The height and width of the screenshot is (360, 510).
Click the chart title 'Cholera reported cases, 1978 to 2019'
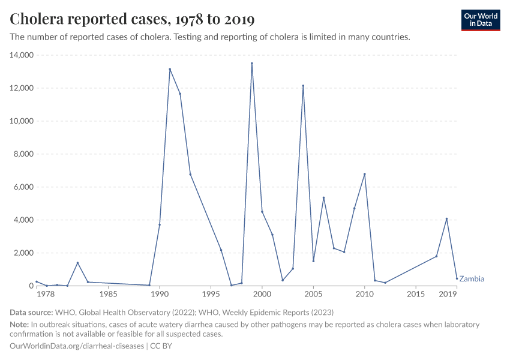[x=133, y=19]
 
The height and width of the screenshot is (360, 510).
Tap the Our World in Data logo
[x=480, y=20]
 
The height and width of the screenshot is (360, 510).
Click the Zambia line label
[x=472, y=279]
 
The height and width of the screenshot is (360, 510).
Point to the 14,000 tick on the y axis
[x=21, y=55]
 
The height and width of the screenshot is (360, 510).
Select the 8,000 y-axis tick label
[x=23, y=154]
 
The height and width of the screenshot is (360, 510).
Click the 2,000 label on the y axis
[x=23, y=253]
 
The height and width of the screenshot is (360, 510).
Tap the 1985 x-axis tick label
[x=108, y=295]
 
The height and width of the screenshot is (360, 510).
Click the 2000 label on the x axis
[x=262, y=295]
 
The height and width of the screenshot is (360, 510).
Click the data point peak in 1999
[x=251, y=63]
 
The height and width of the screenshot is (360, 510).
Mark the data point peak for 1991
[x=170, y=69]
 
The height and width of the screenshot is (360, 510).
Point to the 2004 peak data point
[x=303, y=86]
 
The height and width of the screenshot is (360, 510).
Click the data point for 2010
[x=364, y=174]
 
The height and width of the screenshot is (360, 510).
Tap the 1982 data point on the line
[x=77, y=263]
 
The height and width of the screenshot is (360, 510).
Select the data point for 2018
[x=446, y=218]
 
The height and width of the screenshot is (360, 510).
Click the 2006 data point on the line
[x=323, y=197]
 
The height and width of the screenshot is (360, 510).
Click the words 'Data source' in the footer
[x=31, y=312]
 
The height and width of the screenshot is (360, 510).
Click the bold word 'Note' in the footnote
[x=19, y=325]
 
